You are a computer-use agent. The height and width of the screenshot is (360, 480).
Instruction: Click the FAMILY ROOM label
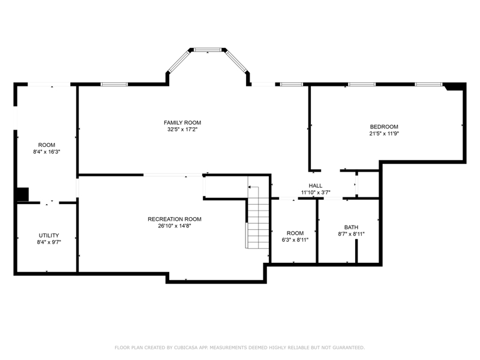(x=182, y=123)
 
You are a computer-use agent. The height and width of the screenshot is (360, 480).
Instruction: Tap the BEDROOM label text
(x=384, y=127)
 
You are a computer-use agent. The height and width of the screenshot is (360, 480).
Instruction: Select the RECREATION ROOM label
(x=175, y=219)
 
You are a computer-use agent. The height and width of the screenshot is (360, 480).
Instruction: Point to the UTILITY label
(x=49, y=235)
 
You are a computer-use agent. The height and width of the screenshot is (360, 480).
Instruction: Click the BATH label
(x=351, y=227)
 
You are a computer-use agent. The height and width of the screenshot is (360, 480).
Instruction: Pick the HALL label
(x=316, y=186)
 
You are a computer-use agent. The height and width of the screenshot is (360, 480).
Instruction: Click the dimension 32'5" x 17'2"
(x=182, y=130)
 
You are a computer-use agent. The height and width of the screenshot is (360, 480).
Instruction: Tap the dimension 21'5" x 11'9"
(x=384, y=133)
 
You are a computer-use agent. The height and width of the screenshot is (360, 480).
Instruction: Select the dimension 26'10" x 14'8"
(x=175, y=226)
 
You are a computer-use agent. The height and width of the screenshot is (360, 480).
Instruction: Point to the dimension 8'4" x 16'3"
(x=47, y=152)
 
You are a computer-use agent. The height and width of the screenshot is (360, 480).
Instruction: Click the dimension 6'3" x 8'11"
(x=295, y=240)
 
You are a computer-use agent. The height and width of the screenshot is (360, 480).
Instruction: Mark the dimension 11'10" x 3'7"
(x=316, y=193)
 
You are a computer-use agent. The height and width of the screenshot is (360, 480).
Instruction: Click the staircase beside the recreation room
(x=258, y=217)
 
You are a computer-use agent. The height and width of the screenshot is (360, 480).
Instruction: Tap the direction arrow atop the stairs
(x=253, y=187)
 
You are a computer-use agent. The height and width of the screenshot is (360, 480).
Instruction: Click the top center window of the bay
(x=208, y=50)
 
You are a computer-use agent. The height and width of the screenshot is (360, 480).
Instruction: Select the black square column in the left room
(x=23, y=194)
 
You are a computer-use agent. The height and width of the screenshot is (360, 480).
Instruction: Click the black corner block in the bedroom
(x=455, y=87)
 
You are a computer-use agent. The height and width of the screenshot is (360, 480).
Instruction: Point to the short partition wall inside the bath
(x=356, y=251)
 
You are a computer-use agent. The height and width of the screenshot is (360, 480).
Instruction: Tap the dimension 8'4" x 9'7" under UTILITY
(x=49, y=242)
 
